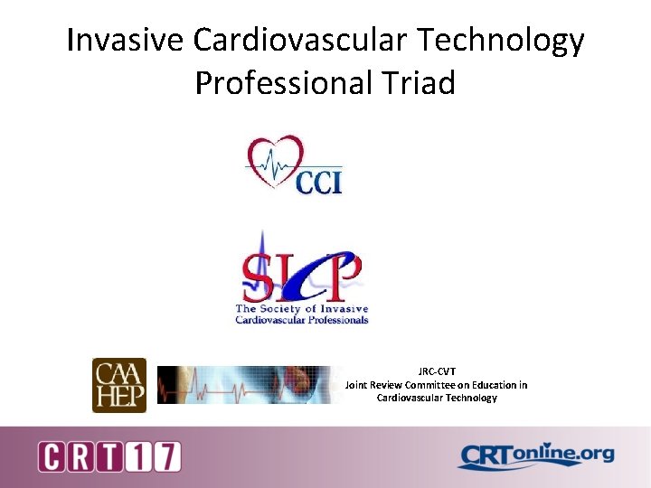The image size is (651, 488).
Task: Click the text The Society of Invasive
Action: [302, 310]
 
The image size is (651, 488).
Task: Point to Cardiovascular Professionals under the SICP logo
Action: [302, 320]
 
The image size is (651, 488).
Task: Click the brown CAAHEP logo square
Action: [119, 385]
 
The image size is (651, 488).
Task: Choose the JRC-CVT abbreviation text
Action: [437, 371]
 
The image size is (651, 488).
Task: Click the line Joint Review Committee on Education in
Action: [437, 385]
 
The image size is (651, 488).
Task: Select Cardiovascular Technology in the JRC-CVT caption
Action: [437, 398]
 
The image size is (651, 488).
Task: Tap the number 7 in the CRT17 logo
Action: [166, 456]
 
